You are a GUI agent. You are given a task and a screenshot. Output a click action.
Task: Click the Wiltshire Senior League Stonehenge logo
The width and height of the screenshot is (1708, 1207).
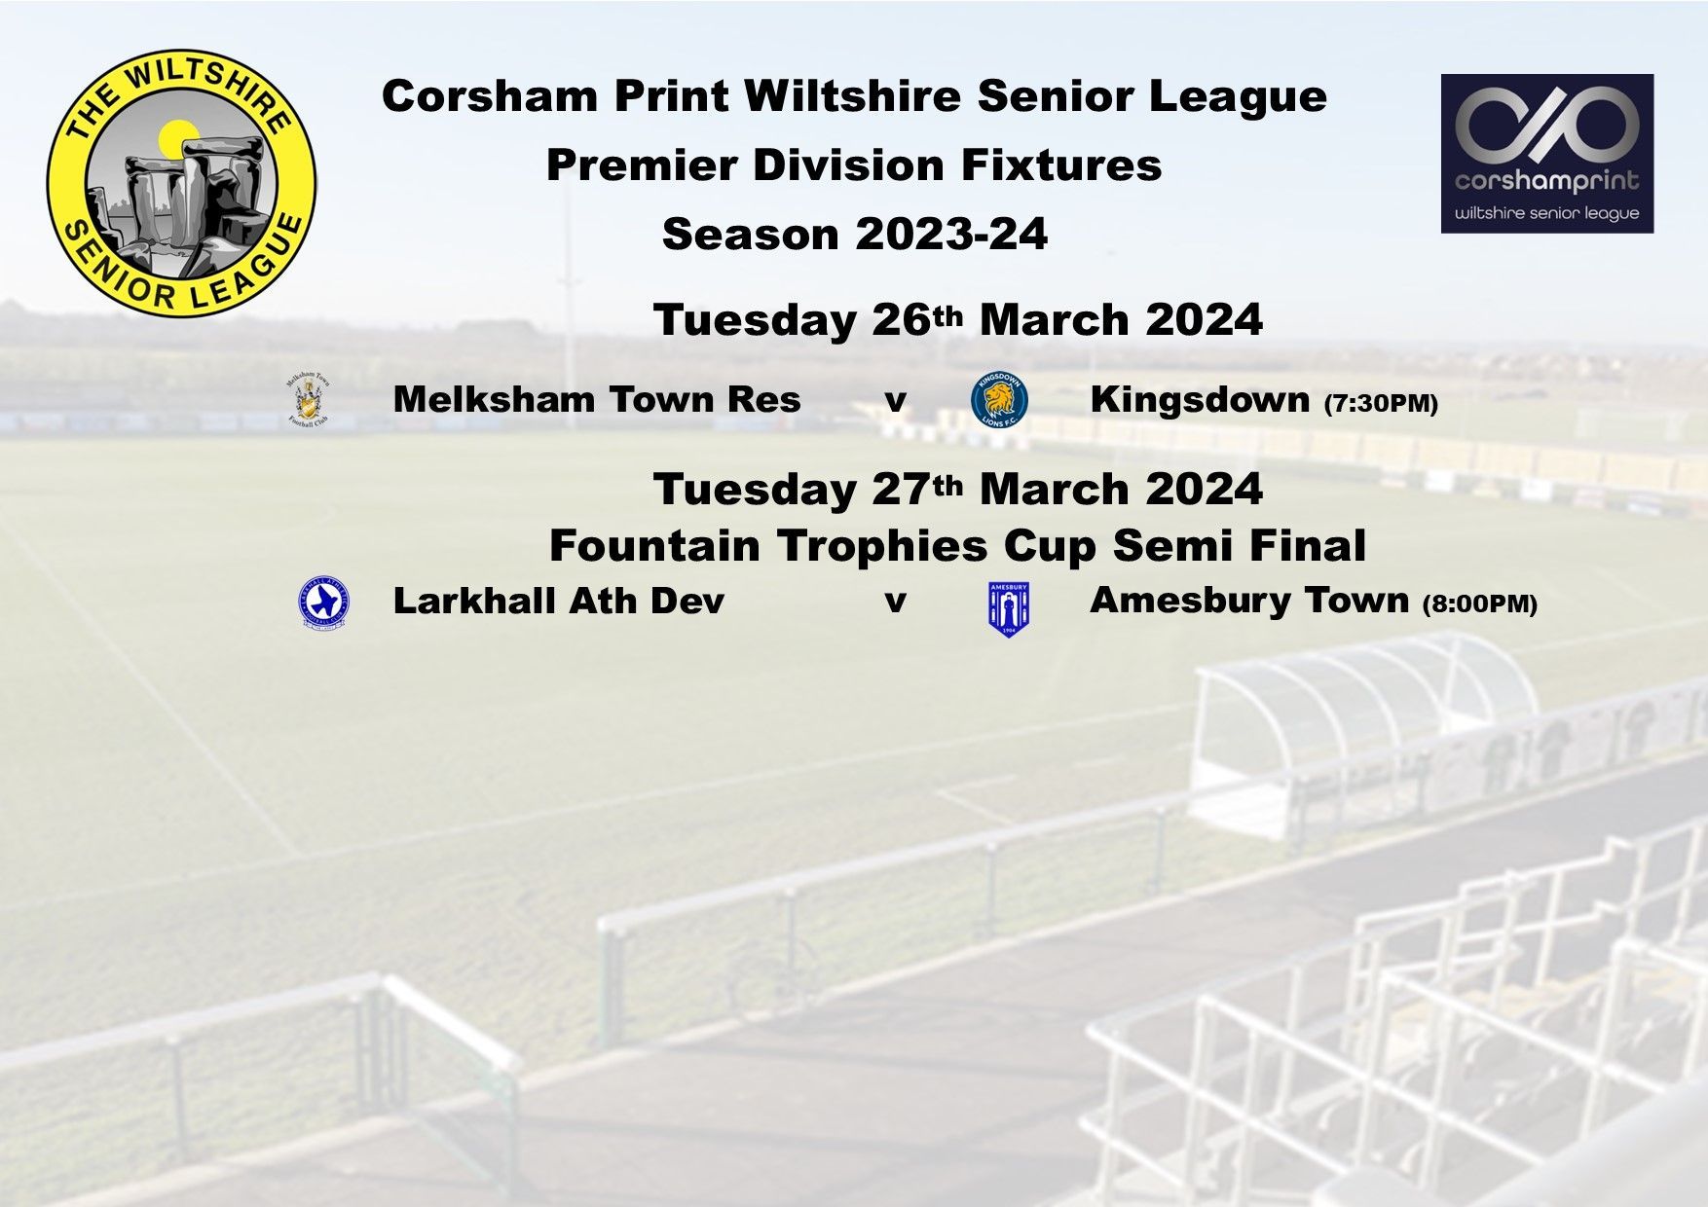point(181,183)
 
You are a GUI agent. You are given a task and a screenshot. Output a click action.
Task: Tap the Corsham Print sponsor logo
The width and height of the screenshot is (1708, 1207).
point(1547,154)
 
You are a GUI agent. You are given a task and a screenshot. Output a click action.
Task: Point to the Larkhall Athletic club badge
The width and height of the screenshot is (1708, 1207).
point(323,603)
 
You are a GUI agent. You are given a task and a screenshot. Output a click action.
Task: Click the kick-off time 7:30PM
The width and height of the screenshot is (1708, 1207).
point(1381,404)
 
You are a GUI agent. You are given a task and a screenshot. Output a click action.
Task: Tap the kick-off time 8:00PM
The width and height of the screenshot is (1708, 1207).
point(1480,604)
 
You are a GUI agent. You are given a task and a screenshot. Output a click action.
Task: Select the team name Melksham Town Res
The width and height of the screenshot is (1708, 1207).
point(597,399)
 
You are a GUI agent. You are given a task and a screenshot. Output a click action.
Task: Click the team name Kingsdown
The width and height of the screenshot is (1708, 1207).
point(1200,399)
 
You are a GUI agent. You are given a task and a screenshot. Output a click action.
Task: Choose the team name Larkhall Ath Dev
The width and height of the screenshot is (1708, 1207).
point(559,601)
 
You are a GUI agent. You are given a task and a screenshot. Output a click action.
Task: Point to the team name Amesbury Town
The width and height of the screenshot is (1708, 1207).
point(1249,601)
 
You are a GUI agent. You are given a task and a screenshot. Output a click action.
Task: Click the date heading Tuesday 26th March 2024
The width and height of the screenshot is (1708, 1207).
point(958,320)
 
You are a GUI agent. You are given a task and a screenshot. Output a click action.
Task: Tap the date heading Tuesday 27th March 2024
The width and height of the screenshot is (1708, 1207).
point(958,489)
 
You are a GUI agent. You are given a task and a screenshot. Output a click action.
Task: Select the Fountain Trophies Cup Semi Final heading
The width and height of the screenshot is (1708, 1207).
point(958,546)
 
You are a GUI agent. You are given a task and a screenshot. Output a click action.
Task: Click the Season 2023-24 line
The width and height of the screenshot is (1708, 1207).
point(855,235)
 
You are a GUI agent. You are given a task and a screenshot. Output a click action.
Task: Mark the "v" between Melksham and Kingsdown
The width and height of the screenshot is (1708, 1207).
point(895,401)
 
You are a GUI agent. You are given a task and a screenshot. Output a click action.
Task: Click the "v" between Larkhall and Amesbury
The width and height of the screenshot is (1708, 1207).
point(895,602)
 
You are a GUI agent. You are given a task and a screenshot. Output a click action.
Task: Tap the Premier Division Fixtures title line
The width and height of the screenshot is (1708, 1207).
point(854,165)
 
